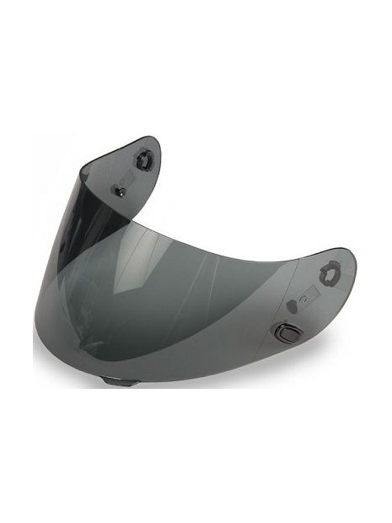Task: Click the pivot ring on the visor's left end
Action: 144,158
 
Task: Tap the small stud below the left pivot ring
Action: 121,191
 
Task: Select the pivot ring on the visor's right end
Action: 329,274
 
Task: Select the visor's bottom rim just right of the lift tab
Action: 160,378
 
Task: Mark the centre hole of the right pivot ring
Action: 329,274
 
